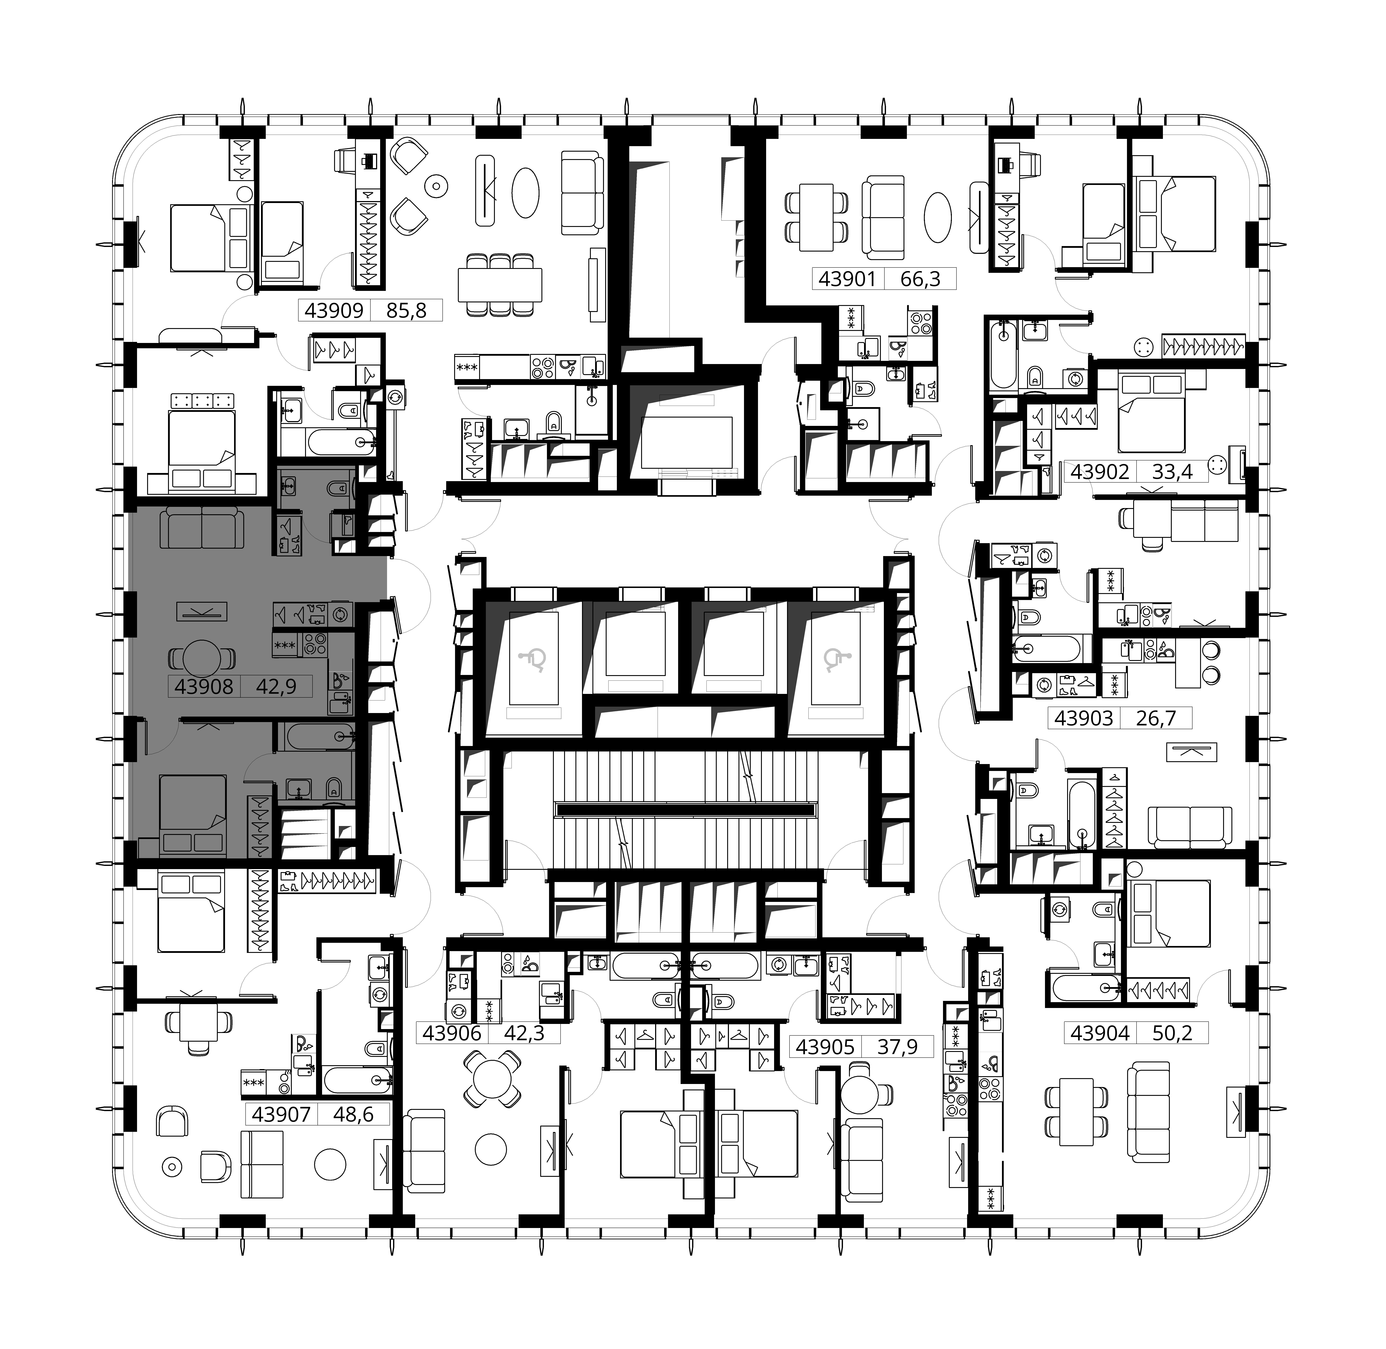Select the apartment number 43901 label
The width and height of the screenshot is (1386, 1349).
tap(847, 279)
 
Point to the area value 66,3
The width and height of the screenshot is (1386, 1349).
tap(920, 279)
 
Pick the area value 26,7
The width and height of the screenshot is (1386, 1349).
tap(1156, 718)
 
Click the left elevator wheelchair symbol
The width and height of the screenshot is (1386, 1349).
tap(533, 660)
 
